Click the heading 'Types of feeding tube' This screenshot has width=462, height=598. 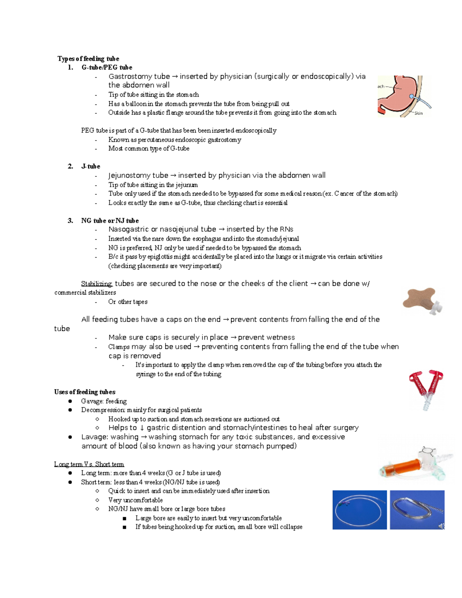[x=88, y=59]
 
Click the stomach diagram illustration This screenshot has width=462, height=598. [x=402, y=96]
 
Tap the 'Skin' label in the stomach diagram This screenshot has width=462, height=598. [x=418, y=113]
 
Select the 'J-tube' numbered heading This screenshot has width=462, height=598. [x=90, y=166]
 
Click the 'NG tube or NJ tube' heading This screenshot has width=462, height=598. [x=110, y=221]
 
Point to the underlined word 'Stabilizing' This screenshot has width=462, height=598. [x=97, y=284]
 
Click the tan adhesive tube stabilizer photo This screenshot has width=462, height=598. [x=422, y=300]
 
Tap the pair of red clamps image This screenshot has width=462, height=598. [x=426, y=389]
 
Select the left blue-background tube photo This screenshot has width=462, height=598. [x=360, y=509]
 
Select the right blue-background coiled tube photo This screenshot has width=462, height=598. [x=417, y=509]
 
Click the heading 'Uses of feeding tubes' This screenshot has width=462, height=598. [x=85, y=392]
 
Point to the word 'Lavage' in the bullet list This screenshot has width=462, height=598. [x=94, y=437]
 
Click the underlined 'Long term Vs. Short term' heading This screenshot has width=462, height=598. [x=89, y=464]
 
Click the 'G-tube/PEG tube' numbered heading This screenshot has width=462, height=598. [x=107, y=67]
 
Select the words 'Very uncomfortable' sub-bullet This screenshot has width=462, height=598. [x=136, y=500]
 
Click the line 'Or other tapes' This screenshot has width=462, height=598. [x=128, y=302]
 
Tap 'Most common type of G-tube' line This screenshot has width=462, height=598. [x=149, y=149]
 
